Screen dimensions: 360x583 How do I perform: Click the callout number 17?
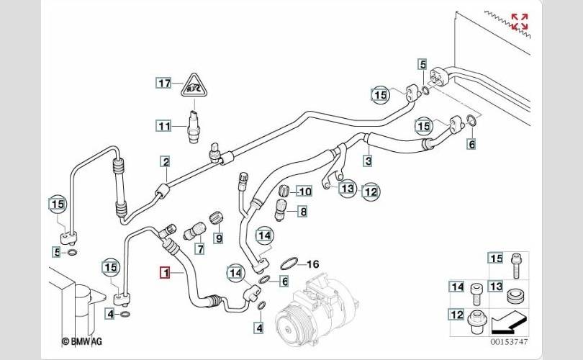tap(165, 83)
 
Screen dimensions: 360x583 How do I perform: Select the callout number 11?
tap(165, 126)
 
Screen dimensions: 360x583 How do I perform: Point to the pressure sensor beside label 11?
tap(194, 125)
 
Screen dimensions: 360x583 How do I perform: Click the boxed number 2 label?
tap(166, 161)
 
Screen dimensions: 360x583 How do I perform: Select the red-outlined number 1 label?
tap(166, 272)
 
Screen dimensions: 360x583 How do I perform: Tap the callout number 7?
tap(199, 249)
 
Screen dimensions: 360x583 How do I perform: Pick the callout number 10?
tap(304, 191)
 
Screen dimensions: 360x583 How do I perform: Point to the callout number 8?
tap(303, 212)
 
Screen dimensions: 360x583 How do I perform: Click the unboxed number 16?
tap(313, 263)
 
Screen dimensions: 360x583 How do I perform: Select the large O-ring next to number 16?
tap(289, 262)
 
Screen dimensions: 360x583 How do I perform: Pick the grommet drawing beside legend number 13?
tap(514, 295)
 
